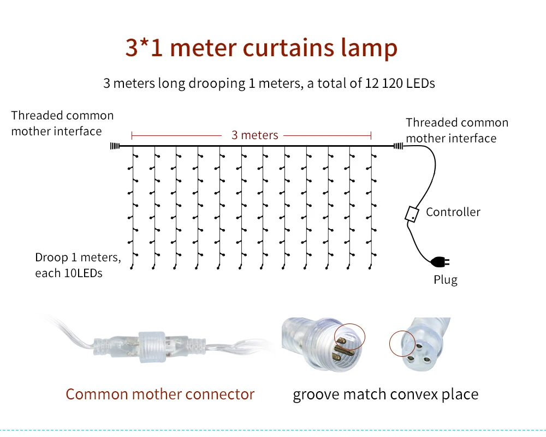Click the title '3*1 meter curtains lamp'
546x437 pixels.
click(x=261, y=48)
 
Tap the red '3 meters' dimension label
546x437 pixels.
click(x=255, y=135)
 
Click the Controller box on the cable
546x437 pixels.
click(x=412, y=214)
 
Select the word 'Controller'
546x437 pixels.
click(x=453, y=212)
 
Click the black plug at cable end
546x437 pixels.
click(x=440, y=262)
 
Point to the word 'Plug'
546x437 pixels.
click(x=446, y=280)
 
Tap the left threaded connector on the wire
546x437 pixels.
click(x=115, y=146)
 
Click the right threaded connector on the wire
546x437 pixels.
click(x=399, y=146)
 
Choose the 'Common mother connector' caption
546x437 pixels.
click(x=160, y=394)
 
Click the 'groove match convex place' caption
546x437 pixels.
click(x=385, y=394)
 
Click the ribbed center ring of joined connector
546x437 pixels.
click(x=152, y=347)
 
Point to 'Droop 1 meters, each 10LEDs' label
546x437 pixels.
click(x=78, y=265)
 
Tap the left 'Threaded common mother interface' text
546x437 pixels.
click(x=62, y=123)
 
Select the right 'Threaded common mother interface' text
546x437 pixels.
click(x=457, y=130)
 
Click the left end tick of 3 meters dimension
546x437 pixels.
click(x=132, y=135)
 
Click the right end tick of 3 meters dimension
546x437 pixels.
click(x=371, y=135)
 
